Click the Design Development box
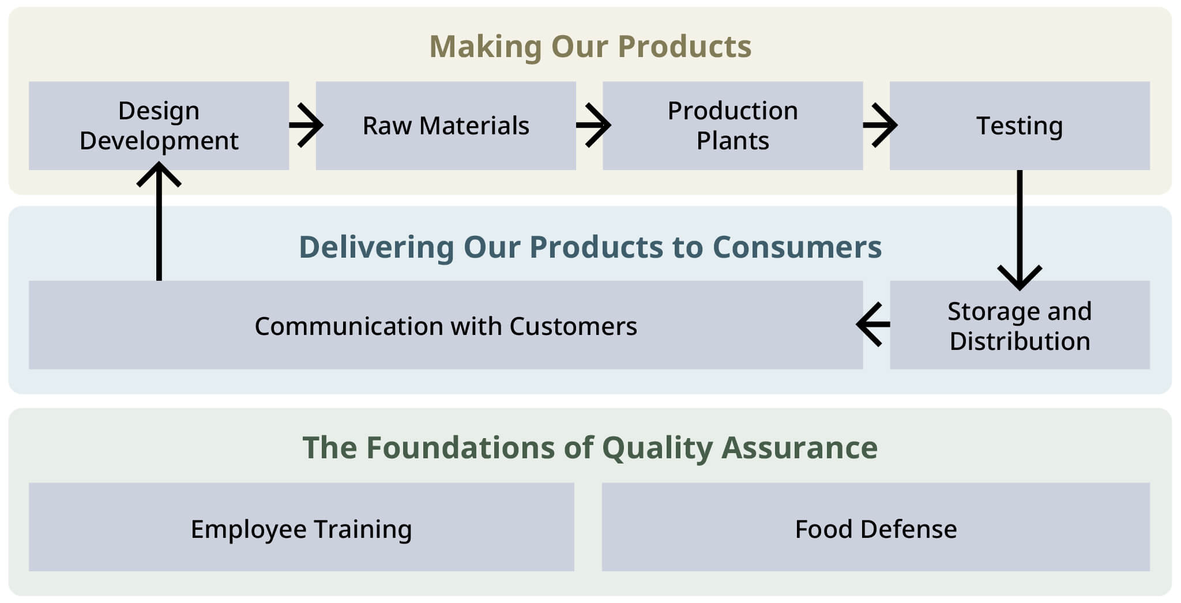coord(159,126)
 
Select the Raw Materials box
coord(446,126)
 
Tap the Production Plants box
coord(733,126)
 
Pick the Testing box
coord(1020,126)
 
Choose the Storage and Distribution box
coord(1020,325)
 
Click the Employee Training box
coord(302,527)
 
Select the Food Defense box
coord(876,527)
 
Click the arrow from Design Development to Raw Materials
coord(306,125)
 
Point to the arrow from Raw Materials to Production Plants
coord(593,125)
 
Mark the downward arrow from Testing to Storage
coord(1020,230)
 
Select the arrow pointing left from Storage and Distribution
coord(873,324)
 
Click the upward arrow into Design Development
coord(159,221)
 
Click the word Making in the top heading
coord(486,47)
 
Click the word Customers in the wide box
coord(573,326)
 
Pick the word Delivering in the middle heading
coord(377,248)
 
